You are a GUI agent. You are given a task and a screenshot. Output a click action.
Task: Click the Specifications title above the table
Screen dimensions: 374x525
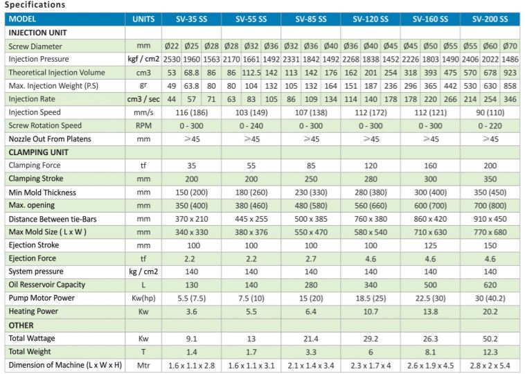(x=35, y=5)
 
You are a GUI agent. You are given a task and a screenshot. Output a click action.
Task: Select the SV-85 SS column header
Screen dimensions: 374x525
(x=310, y=19)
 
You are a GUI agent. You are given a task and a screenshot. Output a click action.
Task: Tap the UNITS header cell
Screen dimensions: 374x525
(x=143, y=19)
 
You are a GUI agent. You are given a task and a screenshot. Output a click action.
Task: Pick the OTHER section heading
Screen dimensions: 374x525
(x=21, y=325)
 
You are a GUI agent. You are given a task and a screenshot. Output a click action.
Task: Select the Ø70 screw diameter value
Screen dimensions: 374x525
(x=511, y=46)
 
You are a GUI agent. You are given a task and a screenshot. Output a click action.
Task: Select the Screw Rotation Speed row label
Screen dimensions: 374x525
(x=45, y=125)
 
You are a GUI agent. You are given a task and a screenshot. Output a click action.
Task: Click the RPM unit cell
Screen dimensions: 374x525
(x=143, y=125)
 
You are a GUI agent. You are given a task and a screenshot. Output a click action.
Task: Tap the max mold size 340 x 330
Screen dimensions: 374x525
(x=191, y=232)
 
